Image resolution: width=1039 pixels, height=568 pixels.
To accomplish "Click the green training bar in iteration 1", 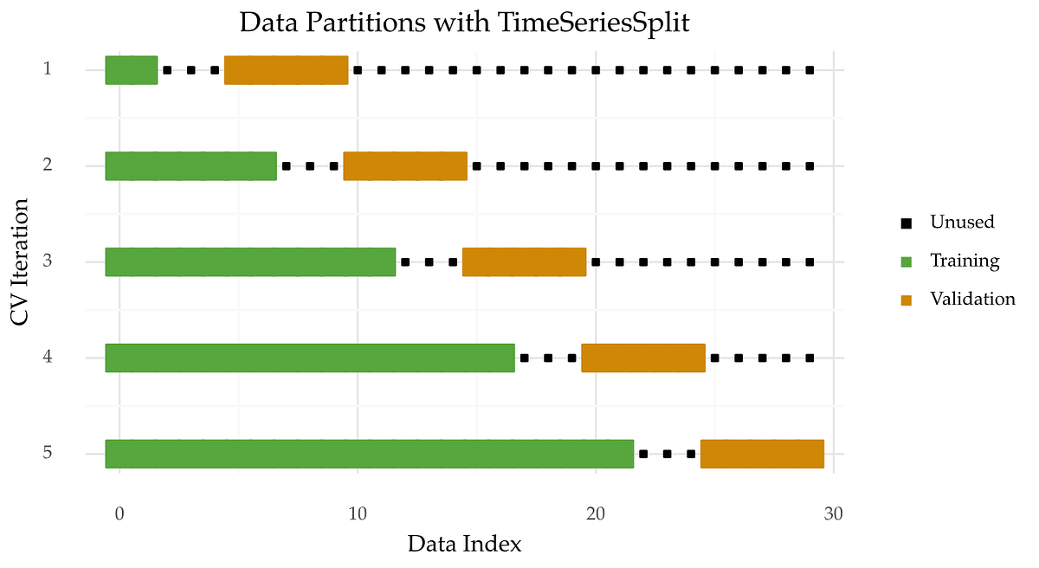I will coord(132,70).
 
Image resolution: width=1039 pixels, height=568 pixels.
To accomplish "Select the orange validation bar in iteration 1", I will coord(286,70).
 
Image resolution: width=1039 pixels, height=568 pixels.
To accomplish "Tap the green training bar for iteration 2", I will coord(190,166).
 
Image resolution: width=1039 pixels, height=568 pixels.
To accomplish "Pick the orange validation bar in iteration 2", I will coord(405,166).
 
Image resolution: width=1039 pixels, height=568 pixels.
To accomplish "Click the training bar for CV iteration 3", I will coord(250,261).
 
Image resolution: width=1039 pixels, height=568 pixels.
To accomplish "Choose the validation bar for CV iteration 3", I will coord(524,261).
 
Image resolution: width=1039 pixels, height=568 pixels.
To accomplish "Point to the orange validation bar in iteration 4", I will coord(643,358).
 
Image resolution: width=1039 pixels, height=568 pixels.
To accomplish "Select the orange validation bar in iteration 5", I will coord(762,454).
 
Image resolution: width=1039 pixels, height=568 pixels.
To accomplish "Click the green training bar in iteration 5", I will coord(370,454).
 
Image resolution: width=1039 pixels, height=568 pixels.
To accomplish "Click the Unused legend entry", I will coord(962,222).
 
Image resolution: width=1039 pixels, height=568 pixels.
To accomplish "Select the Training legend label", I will coord(965,261).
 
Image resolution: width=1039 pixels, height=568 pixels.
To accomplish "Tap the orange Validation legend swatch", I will coord(907,300).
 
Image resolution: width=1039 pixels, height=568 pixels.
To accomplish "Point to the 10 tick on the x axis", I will coord(357,513).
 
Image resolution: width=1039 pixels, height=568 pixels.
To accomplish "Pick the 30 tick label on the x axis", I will coord(833,513).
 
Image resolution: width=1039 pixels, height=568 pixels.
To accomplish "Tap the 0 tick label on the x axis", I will coord(119,513).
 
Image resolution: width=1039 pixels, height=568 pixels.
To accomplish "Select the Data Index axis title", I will coord(465,545).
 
